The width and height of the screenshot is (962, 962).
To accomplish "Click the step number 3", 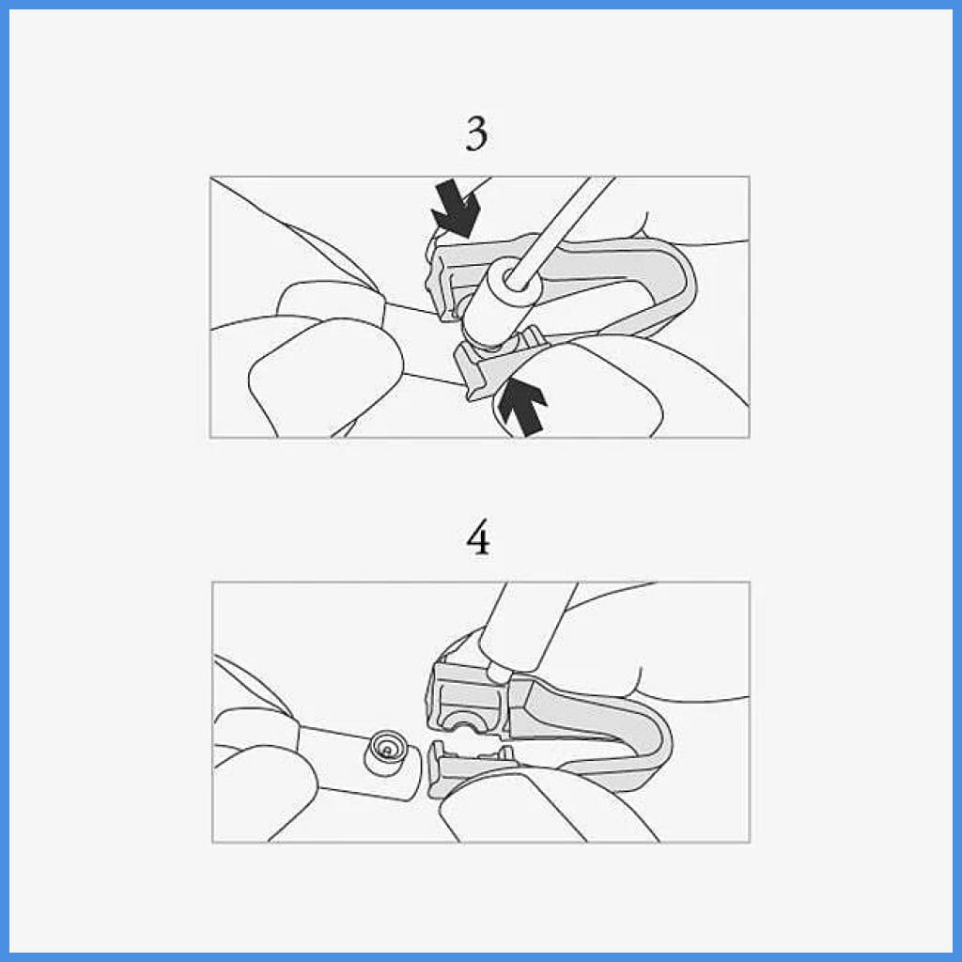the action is point(476,133).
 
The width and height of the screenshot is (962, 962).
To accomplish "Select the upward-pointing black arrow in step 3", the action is point(522,407).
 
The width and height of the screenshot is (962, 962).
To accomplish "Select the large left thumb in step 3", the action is point(325,374).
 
